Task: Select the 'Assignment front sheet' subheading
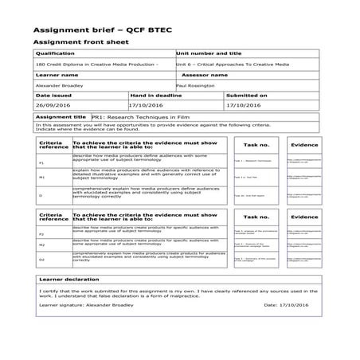[79, 41]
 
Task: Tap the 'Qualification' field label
[56, 53]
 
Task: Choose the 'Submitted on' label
[247, 95]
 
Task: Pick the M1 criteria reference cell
[41, 177]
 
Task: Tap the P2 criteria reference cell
[41, 234]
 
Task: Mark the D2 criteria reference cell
[41, 259]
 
